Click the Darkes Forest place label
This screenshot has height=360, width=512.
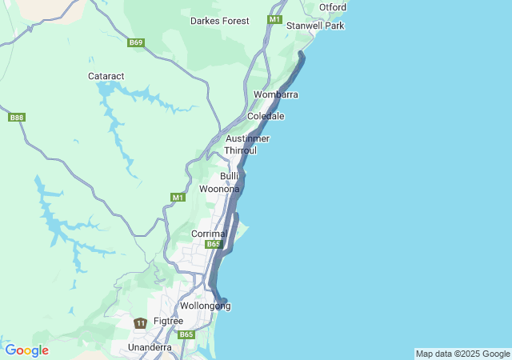pos(219,21)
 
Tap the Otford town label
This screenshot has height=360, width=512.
pos(332,8)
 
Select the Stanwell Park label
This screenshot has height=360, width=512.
pos(315,26)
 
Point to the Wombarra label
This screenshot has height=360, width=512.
pos(275,95)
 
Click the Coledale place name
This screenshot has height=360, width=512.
pos(266,117)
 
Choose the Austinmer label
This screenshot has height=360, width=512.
pos(247,139)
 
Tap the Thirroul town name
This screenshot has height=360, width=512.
pos(240,150)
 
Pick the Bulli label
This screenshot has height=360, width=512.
pos(230,176)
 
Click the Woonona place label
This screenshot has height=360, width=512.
pos(218,189)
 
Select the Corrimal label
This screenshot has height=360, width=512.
pos(210,234)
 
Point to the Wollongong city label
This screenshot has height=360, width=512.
pos(205,306)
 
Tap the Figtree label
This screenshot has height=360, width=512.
pos(168,321)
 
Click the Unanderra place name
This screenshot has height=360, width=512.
pos(150,347)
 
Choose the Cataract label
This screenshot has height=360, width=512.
pos(106,76)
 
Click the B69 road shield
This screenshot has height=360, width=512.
pos(136,42)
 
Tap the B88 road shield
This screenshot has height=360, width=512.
pos(16,118)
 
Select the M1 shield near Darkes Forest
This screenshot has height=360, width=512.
pos(275,19)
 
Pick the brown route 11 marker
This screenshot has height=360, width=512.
pos(140,323)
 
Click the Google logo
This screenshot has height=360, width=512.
pos(26,350)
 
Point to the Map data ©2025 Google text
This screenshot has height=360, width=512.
pos(462,354)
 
